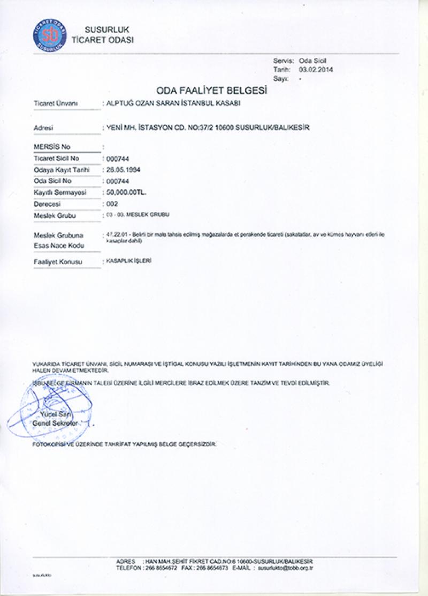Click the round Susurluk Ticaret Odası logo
click(49, 34)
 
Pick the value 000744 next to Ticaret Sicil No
click(118, 159)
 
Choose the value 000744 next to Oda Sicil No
click(118, 181)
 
